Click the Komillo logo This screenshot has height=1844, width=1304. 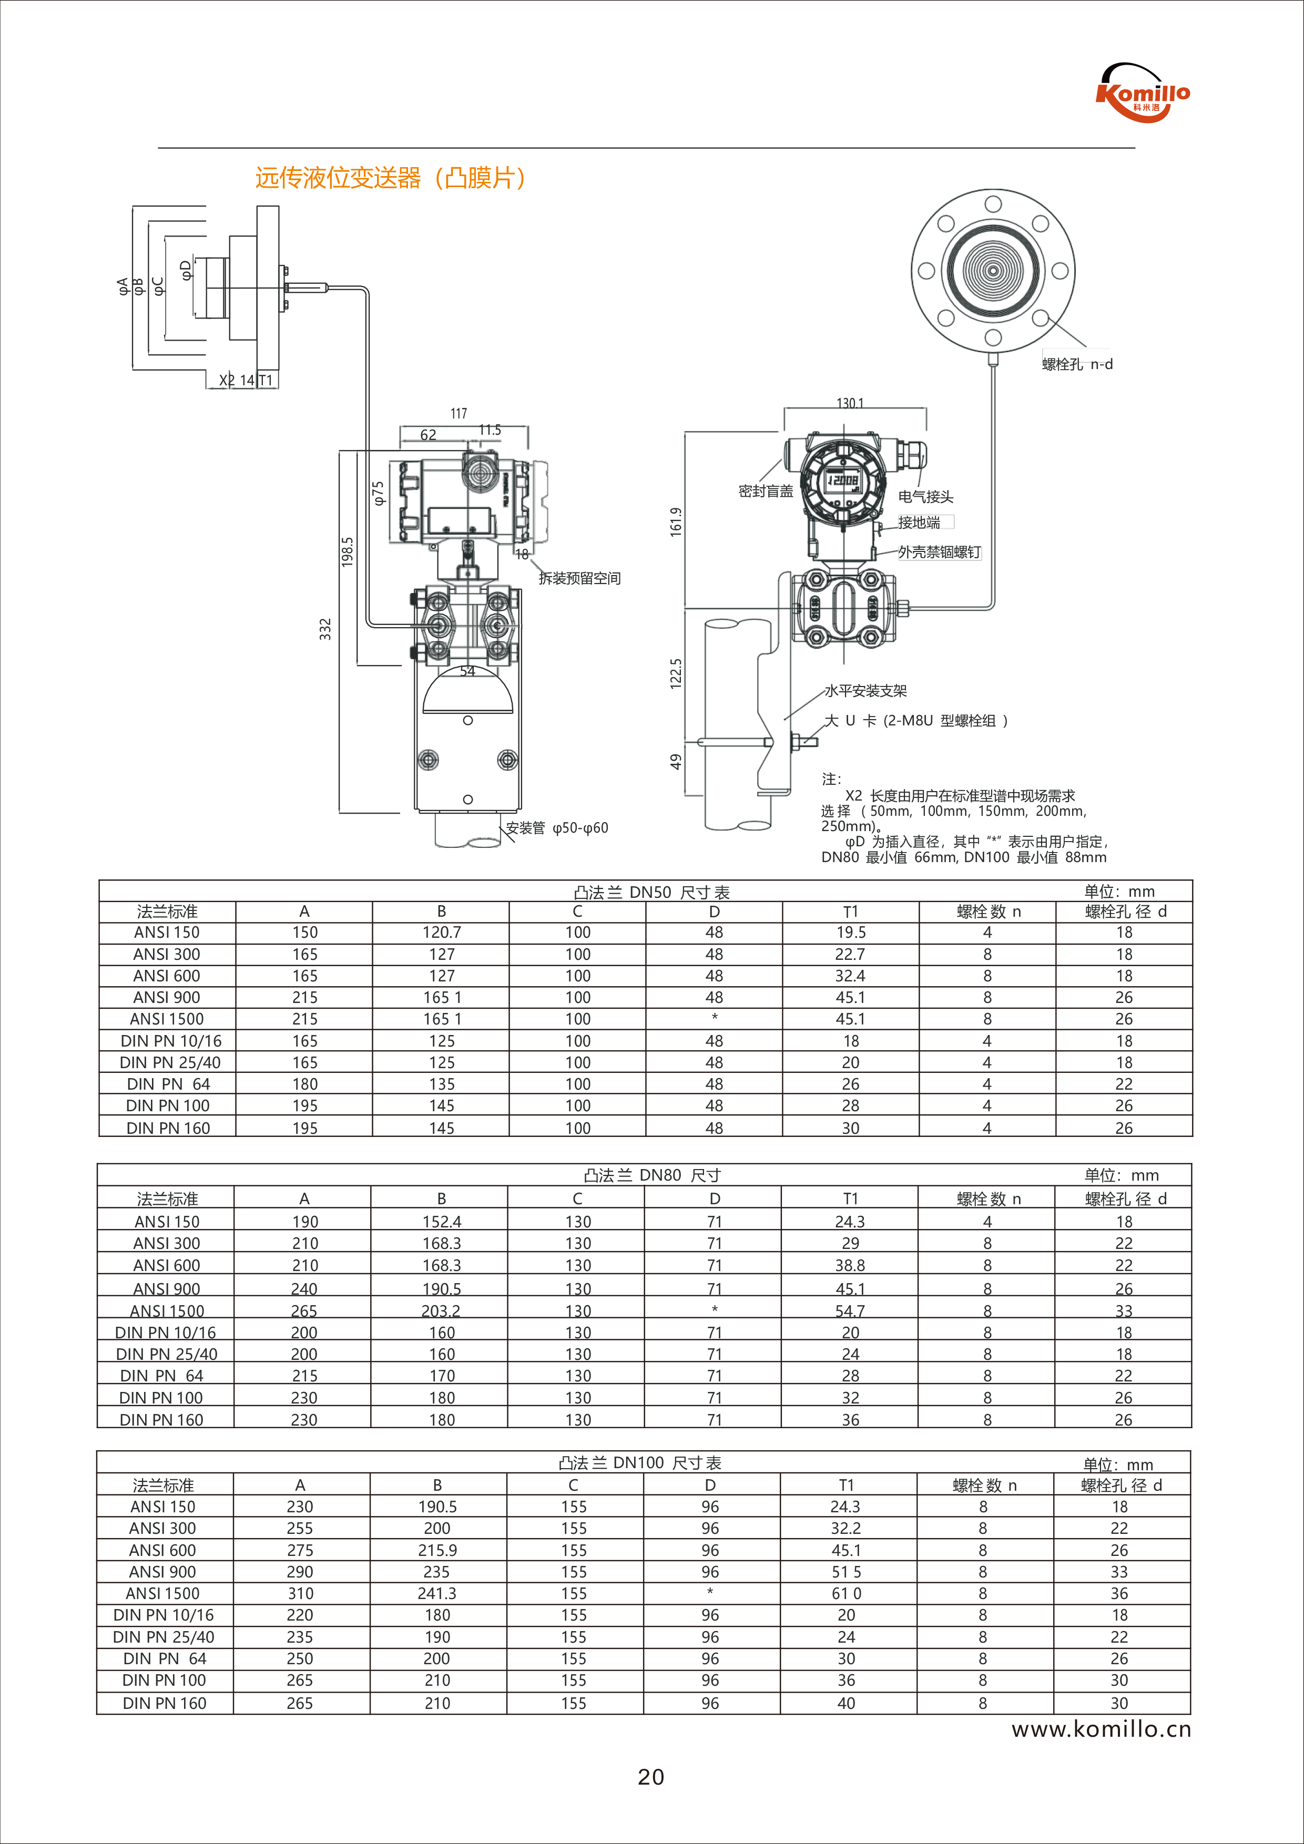(x=1143, y=93)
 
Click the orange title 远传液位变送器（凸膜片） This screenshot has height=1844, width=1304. (x=391, y=178)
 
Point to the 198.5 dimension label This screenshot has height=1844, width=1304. (x=347, y=552)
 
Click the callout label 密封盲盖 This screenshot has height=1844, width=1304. (x=765, y=491)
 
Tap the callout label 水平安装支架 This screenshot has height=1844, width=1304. (x=865, y=691)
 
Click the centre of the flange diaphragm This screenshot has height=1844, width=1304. (x=993, y=271)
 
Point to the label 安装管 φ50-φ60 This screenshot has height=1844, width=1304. (x=557, y=828)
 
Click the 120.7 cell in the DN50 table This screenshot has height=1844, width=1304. (x=441, y=933)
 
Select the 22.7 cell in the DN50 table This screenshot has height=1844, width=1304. (x=850, y=954)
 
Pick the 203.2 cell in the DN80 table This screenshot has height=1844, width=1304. (x=441, y=1310)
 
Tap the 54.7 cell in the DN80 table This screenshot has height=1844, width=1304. (x=850, y=1310)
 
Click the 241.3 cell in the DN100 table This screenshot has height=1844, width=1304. (x=437, y=1593)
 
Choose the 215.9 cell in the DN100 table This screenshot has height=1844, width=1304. (x=437, y=1550)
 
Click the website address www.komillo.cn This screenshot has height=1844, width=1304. (x=1101, y=1729)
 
